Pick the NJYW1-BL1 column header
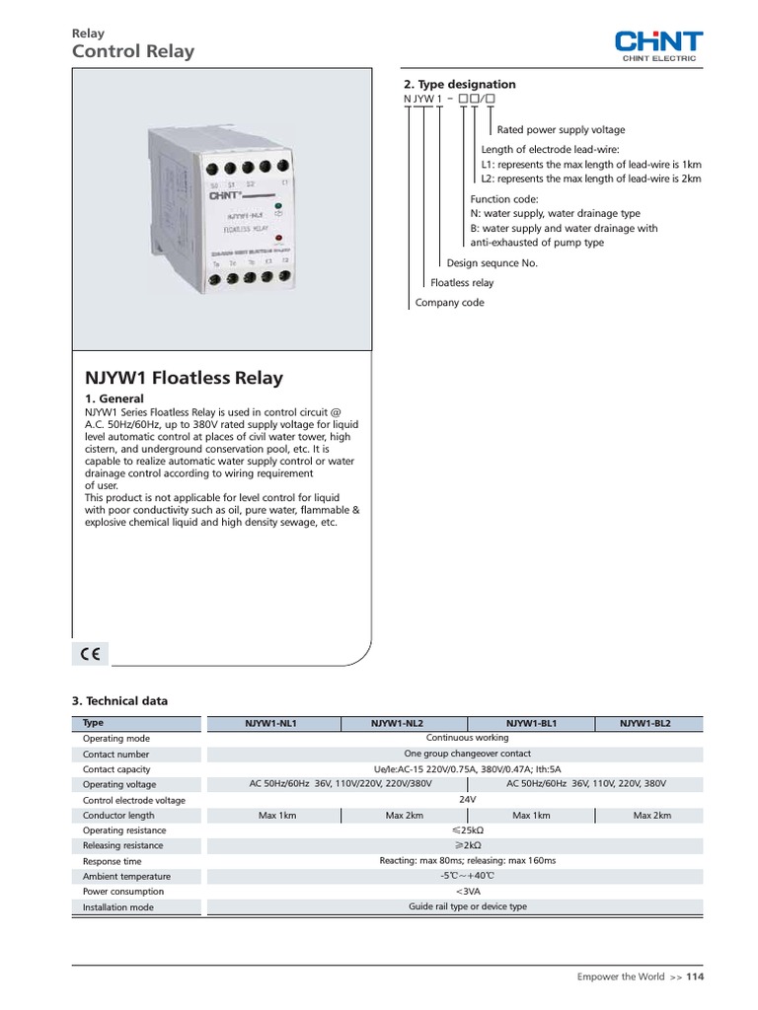[531, 723]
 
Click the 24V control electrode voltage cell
[467, 799]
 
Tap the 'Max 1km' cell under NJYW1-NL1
[277, 816]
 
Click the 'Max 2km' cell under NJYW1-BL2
[652, 816]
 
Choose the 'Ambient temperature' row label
[126, 876]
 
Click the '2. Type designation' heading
[460, 85]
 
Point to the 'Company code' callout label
[450, 303]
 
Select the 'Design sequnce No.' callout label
[493, 263]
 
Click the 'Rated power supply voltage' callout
[561, 129]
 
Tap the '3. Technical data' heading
[120, 701]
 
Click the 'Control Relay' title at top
[133, 51]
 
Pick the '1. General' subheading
[114, 398]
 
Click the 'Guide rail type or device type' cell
[468, 906]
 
